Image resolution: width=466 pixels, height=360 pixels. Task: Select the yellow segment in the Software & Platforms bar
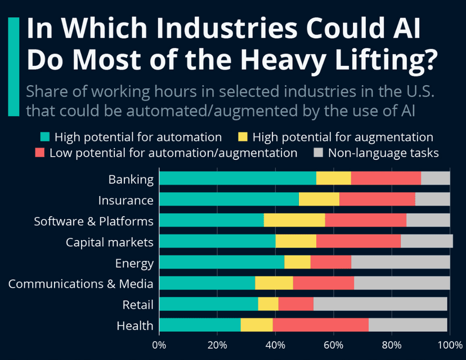pyautogui.click(x=294, y=220)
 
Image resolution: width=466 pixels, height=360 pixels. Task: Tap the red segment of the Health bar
pyautogui.click(x=320, y=325)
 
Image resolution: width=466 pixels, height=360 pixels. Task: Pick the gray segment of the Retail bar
pyautogui.click(x=380, y=304)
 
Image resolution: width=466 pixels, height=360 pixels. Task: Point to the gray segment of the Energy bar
pyautogui.click(x=400, y=263)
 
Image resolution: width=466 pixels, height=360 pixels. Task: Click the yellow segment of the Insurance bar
pyautogui.click(x=319, y=200)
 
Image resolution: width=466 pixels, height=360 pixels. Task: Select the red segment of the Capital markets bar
pyautogui.click(x=359, y=242)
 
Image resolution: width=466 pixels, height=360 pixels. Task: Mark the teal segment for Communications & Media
pyautogui.click(x=207, y=283)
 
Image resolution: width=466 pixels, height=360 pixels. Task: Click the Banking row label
pyautogui.click(x=131, y=180)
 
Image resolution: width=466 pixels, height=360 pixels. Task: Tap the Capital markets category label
pyautogui.click(x=109, y=242)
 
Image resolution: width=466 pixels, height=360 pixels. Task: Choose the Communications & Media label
pyautogui.click(x=80, y=284)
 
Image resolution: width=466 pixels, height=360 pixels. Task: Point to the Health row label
pyautogui.click(x=135, y=326)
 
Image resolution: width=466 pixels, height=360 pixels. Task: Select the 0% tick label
pyautogui.click(x=160, y=345)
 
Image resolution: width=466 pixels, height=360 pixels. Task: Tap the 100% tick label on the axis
pyautogui.click(x=450, y=345)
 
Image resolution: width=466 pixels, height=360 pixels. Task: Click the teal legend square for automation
pyautogui.click(x=44, y=137)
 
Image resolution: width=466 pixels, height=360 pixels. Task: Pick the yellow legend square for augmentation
pyautogui.click(x=243, y=137)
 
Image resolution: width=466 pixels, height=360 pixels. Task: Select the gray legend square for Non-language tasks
pyautogui.click(x=318, y=152)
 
